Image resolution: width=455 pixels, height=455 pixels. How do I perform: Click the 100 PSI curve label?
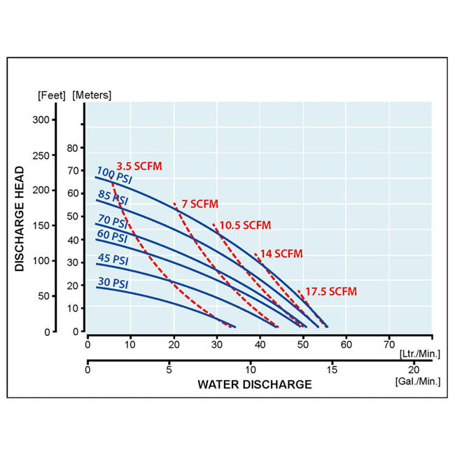[x=114, y=176]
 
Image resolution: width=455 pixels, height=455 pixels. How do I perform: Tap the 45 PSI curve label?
[x=113, y=259]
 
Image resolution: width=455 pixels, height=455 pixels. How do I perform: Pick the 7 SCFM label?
[x=199, y=204]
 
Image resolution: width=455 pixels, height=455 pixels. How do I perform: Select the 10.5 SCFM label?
[x=245, y=225]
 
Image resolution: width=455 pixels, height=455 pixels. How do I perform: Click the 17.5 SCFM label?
[x=330, y=291]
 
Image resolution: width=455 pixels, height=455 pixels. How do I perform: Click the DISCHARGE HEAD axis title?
[x=20, y=218]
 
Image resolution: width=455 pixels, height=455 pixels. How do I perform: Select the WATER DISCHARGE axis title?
[x=254, y=384]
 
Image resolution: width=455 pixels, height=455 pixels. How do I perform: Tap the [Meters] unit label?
[x=92, y=94]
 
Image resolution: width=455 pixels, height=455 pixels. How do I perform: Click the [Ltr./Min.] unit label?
[x=419, y=354]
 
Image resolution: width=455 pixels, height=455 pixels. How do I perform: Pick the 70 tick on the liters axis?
[x=389, y=344]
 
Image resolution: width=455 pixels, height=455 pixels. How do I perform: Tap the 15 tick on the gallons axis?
[x=332, y=370]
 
